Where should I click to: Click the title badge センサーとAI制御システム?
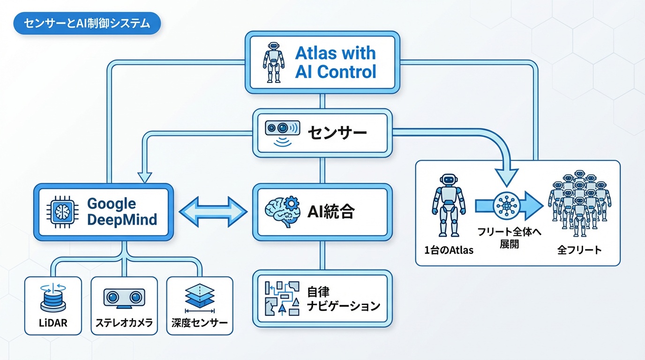[x=87, y=24]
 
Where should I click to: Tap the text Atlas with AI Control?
[x=335, y=62]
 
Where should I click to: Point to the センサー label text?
[x=337, y=133]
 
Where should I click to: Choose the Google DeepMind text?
[x=122, y=211]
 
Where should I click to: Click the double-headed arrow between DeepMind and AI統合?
[x=213, y=212]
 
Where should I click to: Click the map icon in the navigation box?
[x=282, y=298]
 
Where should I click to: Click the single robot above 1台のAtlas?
[x=448, y=205]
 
